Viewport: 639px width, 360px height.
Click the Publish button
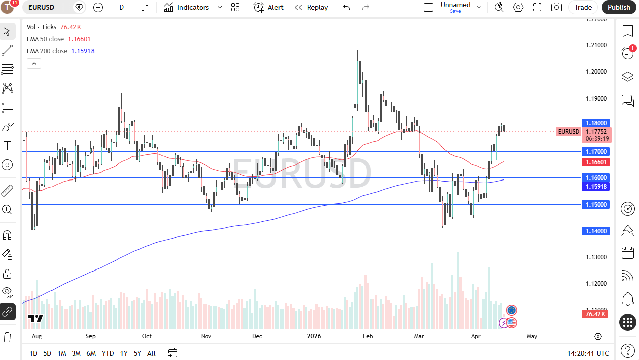pyautogui.click(x=619, y=7)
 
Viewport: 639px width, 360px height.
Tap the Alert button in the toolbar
pyautogui.click(x=269, y=7)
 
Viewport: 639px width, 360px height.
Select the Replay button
pyautogui.click(x=311, y=7)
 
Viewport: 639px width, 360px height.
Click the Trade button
pyautogui.click(x=583, y=7)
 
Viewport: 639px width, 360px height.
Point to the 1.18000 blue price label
pyautogui.click(x=595, y=123)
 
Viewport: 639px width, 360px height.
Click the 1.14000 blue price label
pyautogui.click(x=595, y=231)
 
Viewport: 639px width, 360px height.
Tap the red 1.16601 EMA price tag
pyautogui.click(x=595, y=162)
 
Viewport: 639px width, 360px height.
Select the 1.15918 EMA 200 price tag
pyautogui.click(x=595, y=186)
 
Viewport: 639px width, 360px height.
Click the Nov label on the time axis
pyautogui.click(x=205, y=336)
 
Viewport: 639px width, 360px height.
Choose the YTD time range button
pyautogui.click(x=107, y=353)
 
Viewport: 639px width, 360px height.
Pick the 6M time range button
pyautogui.click(x=91, y=353)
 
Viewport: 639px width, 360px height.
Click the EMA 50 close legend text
pyautogui.click(x=46, y=39)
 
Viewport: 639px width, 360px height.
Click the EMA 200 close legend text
pyautogui.click(x=47, y=51)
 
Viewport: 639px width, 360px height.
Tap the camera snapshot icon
pyautogui.click(x=556, y=7)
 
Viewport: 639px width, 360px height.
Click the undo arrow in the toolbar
pyautogui.click(x=346, y=7)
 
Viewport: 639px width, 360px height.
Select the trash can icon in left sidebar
pyautogui.click(x=7, y=336)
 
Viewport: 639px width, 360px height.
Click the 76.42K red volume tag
pyautogui.click(x=595, y=314)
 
